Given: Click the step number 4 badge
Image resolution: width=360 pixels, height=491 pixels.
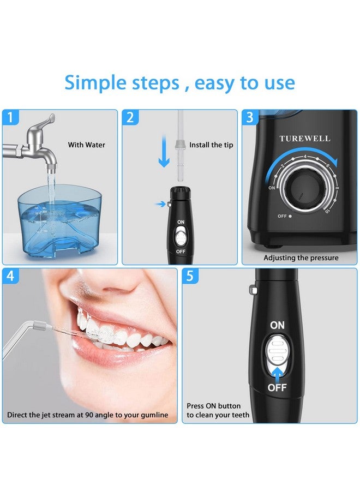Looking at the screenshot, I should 10,276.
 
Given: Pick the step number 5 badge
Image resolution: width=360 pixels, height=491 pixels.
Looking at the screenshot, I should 190,276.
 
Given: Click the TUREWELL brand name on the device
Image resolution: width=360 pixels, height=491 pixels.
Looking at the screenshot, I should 305,139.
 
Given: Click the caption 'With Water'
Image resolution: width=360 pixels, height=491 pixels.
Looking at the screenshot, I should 86,145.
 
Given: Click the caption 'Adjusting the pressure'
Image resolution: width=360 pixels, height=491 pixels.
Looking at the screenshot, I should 301,258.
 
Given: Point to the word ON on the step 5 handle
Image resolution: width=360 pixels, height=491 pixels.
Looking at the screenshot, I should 277,325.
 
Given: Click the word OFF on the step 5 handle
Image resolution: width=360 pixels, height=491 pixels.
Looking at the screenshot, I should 277,388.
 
